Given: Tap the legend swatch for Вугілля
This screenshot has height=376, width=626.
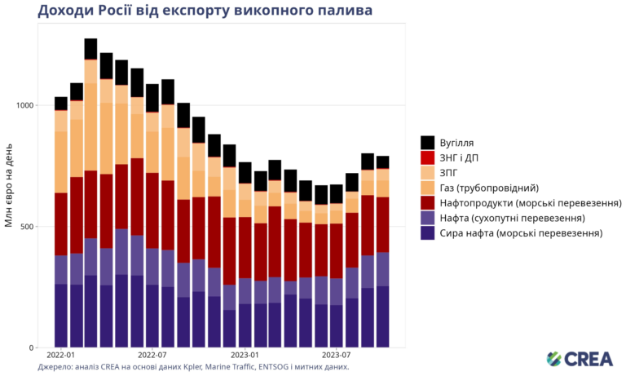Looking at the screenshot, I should coord(427,142).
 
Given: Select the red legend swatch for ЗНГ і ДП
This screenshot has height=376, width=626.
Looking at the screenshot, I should coord(427,157).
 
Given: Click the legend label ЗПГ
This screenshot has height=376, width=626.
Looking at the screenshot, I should coord(453,172).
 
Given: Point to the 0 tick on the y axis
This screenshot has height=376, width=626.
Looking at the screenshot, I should coord(31,348).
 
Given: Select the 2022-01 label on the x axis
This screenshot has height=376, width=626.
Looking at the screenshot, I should coord(60,356).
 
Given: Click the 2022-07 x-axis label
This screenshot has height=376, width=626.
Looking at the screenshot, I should coord(152,356).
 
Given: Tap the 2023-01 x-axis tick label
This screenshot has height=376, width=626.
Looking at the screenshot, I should coord(245,356).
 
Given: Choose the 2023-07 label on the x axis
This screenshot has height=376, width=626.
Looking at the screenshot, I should coord(337,356).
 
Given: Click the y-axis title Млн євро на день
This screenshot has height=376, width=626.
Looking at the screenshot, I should coord(9,187).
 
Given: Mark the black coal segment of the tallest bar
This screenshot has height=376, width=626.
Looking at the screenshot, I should coord(90,48).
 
